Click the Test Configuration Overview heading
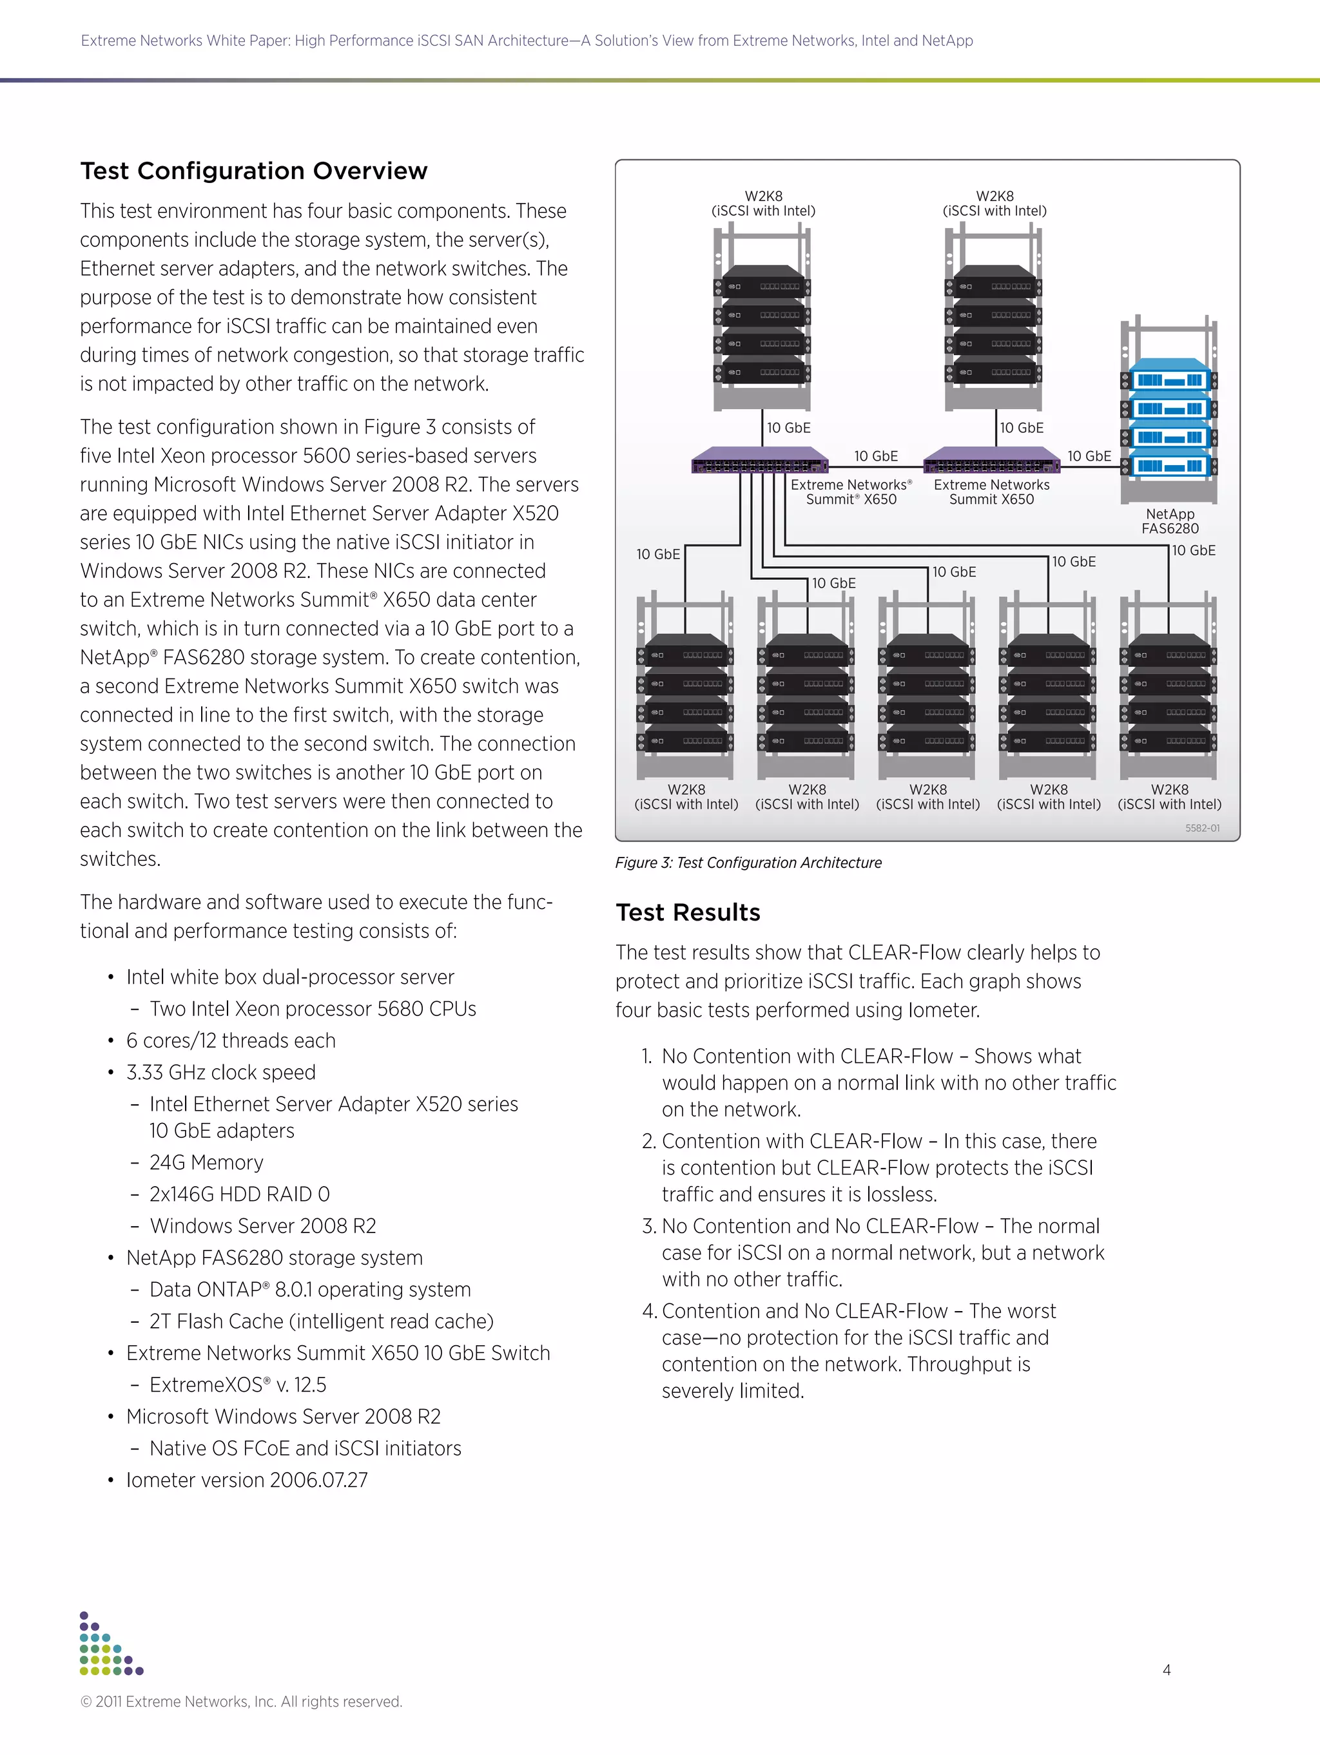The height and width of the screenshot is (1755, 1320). click(x=253, y=171)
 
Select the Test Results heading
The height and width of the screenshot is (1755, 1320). click(x=687, y=912)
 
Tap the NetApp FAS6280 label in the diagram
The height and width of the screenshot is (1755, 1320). click(x=1169, y=521)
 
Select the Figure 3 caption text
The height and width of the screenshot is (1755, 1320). click(x=748, y=863)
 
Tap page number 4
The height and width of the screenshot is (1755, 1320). click(x=1166, y=1669)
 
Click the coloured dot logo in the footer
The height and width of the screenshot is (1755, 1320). click(x=110, y=1644)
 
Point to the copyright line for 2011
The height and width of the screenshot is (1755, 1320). click(x=241, y=1701)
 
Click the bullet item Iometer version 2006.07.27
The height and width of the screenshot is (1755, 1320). click(x=246, y=1480)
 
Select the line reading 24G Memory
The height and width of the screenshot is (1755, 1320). click(x=206, y=1162)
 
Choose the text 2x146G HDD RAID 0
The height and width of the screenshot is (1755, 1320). click(x=239, y=1194)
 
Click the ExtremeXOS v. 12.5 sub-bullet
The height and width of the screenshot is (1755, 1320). click(x=237, y=1385)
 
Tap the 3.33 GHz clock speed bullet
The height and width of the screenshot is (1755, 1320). click(x=220, y=1072)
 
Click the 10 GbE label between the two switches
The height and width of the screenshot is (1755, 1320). click(x=875, y=456)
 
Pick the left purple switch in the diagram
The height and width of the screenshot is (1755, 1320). click(x=760, y=460)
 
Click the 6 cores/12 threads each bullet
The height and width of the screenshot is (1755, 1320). click(x=230, y=1040)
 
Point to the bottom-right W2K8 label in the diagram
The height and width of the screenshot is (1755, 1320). click(x=1169, y=796)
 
